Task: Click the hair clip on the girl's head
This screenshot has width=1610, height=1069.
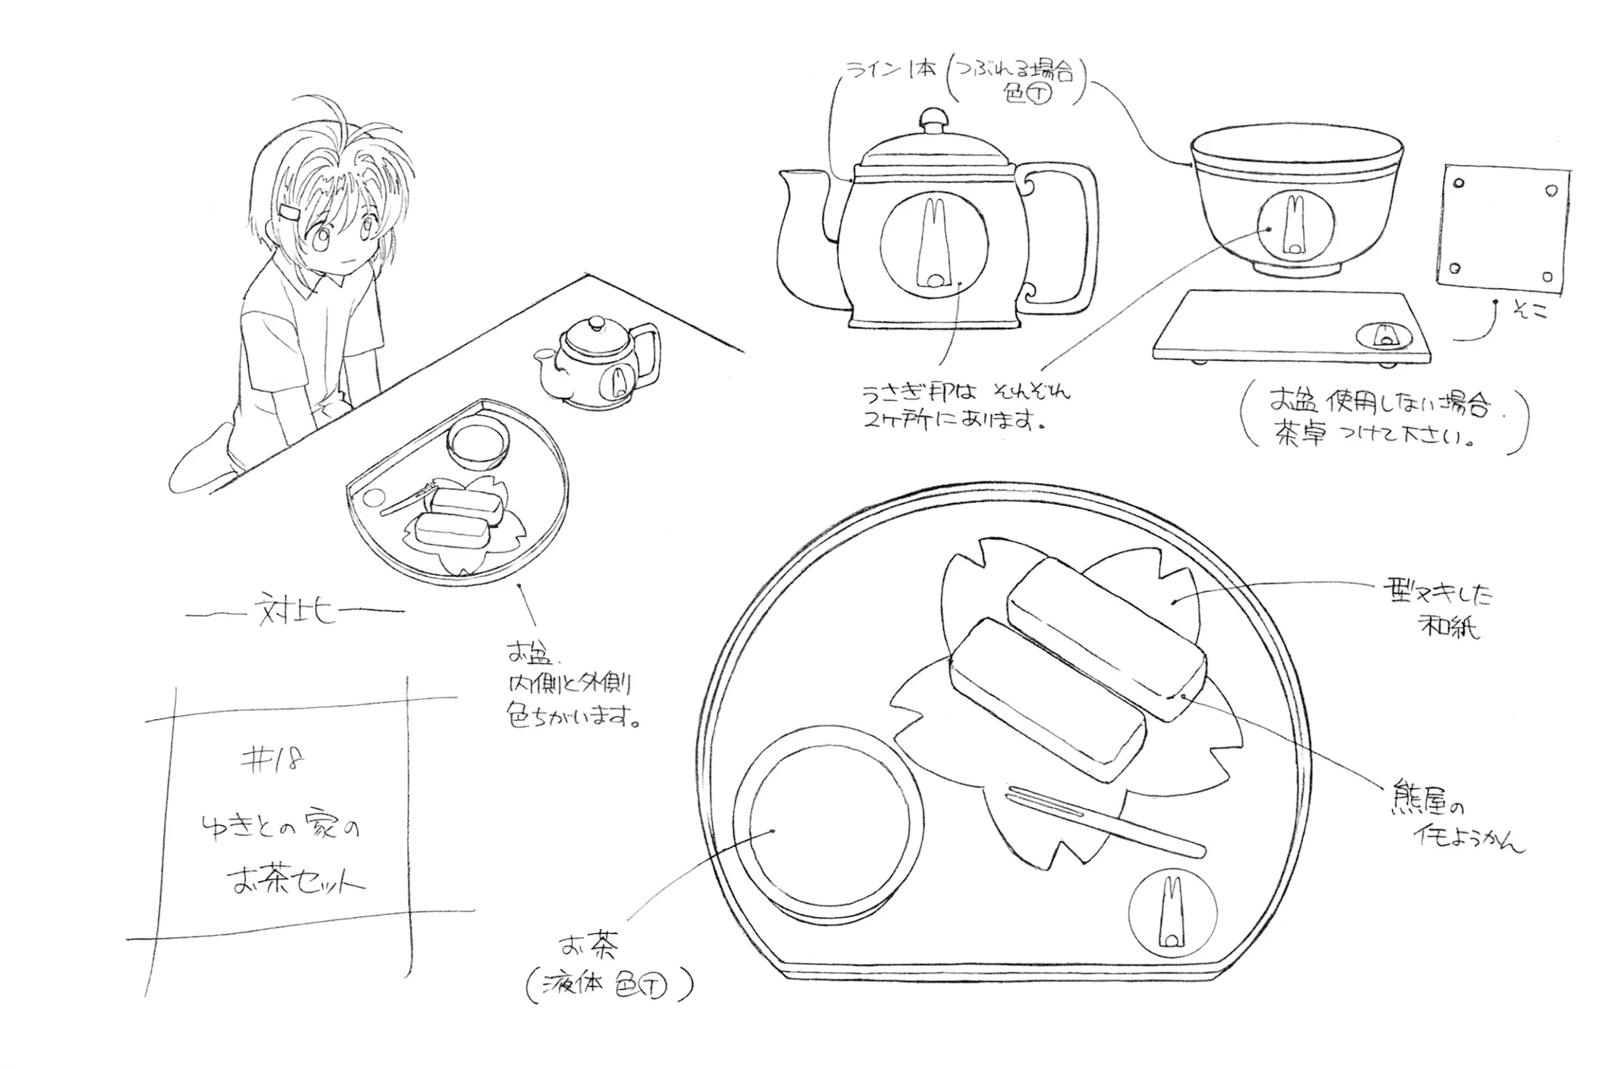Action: (290, 213)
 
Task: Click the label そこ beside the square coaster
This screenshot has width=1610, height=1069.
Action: (1531, 311)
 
